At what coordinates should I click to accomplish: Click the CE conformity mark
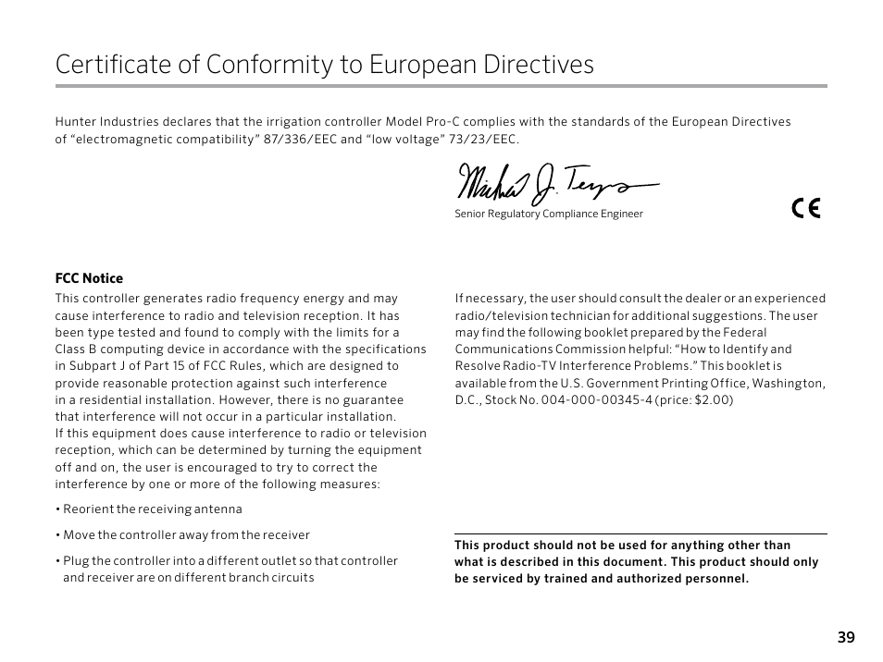point(806,208)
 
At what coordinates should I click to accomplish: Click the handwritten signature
point(555,184)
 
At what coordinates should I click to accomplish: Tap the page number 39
point(846,637)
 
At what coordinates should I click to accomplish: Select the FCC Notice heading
point(89,278)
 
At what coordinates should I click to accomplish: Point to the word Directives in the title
point(539,65)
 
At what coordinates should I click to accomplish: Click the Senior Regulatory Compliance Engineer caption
point(548,215)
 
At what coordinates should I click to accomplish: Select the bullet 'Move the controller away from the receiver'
point(182,535)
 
